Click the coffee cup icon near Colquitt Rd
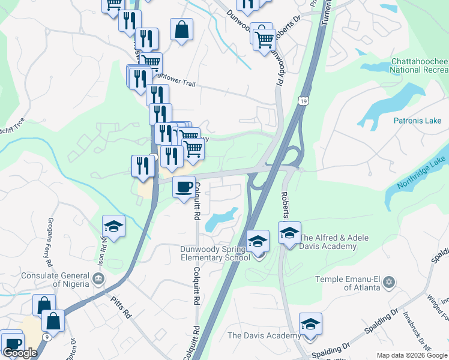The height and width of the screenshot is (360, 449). click(x=184, y=187)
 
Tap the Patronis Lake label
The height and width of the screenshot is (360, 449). click(x=417, y=121)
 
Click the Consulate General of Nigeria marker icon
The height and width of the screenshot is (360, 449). click(x=98, y=278)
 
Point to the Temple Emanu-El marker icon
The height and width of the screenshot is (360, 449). click(x=389, y=281)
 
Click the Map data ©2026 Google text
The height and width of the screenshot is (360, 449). click(x=412, y=355)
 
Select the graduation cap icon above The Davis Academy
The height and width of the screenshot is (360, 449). click(x=310, y=323)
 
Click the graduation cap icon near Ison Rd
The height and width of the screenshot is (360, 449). click(x=113, y=226)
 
